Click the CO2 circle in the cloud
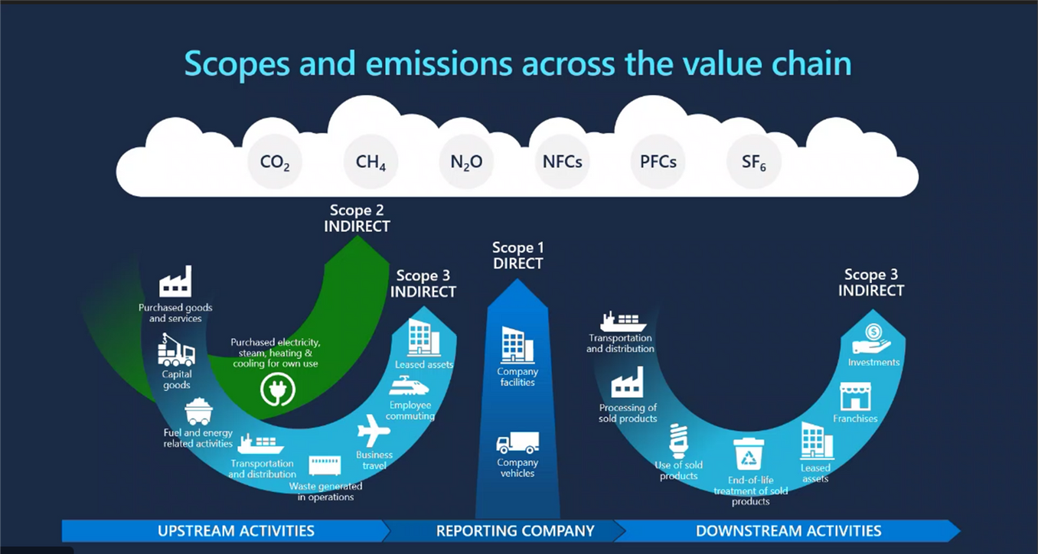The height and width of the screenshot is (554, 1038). click(275, 162)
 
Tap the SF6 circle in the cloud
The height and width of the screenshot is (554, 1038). click(754, 162)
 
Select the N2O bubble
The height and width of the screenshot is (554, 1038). click(466, 162)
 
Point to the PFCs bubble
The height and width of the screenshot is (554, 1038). click(658, 162)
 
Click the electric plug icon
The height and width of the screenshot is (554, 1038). click(277, 389)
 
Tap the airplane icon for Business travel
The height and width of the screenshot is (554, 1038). click(374, 432)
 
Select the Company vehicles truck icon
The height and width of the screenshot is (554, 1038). click(517, 443)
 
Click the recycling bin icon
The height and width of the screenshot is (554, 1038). click(749, 455)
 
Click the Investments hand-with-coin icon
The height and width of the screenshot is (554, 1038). click(873, 338)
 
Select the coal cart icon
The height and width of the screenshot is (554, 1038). click(198, 411)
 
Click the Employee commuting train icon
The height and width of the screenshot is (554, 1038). click(410, 385)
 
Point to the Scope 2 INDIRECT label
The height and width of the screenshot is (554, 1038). click(357, 218)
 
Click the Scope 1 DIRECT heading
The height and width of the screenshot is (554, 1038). click(518, 256)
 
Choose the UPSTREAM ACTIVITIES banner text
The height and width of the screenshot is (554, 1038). click(236, 530)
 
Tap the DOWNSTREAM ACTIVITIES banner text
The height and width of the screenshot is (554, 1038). click(788, 530)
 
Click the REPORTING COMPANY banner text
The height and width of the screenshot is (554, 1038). click(515, 530)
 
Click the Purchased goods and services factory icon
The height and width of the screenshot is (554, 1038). click(175, 282)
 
